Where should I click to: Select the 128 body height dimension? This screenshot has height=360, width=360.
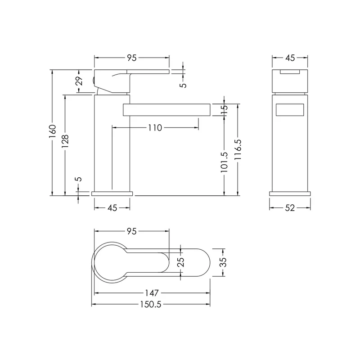point(65,141)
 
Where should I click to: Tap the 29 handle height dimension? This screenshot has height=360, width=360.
point(79,81)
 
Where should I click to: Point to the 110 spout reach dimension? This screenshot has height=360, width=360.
point(155,128)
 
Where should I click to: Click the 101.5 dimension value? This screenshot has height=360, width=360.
point(224,162)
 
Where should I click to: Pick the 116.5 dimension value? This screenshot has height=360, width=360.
point(238,149)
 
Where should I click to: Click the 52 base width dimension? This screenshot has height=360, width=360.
point(290,208)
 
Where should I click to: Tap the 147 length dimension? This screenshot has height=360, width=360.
point(152,293)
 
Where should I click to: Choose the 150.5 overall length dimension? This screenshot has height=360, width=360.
point(151,305)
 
